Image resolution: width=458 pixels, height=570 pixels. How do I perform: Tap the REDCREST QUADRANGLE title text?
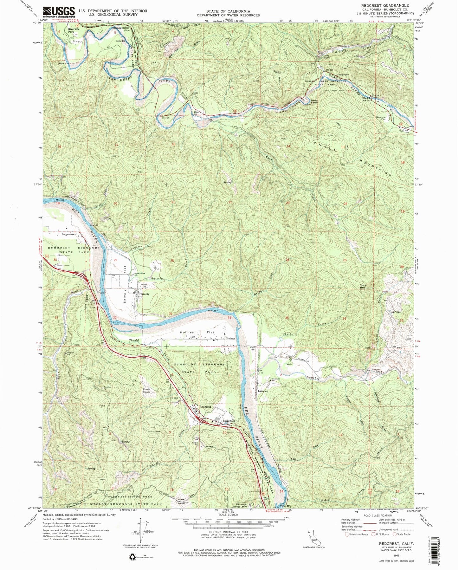[x=391, y=5]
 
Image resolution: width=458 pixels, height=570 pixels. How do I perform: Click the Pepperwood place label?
[x=69, y=234]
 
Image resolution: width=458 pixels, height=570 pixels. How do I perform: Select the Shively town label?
[x=144, y=294]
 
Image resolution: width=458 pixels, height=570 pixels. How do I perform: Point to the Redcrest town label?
[x=205, y=406]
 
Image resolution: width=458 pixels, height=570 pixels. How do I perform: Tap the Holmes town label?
[x=230, y=338]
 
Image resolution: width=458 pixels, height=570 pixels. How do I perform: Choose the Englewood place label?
[x=229, y=421]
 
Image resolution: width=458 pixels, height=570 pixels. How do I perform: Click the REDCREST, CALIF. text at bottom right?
[x=393, y=543]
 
